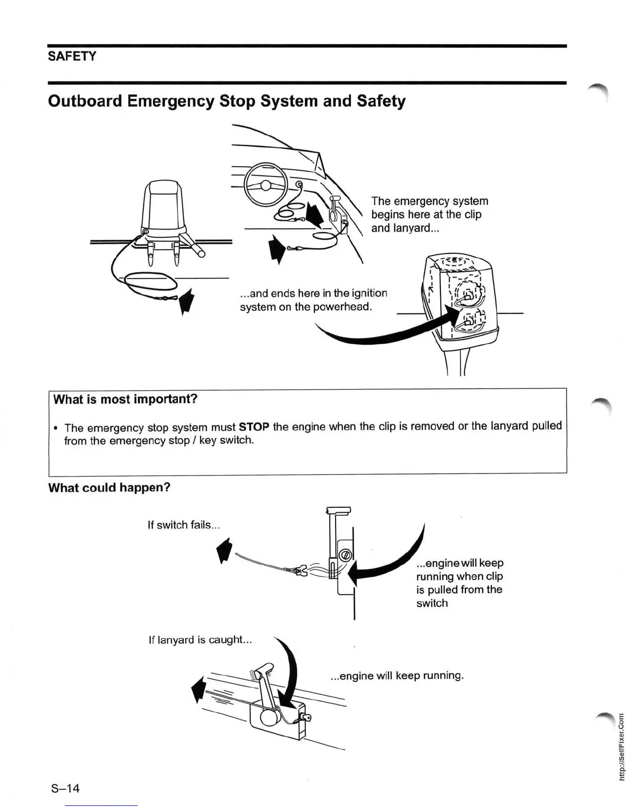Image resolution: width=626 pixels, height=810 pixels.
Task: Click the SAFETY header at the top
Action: click(72, 56)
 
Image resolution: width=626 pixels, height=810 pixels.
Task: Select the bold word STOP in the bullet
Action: click(254, 426)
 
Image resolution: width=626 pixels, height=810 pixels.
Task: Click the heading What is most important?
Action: click(125, 399)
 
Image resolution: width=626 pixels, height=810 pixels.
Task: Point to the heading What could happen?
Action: click(109, 488)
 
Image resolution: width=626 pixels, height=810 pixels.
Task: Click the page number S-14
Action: click(65, 788)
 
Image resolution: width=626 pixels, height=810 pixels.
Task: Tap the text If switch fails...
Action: click(183, 525)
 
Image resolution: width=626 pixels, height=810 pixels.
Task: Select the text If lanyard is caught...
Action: click(199, 640)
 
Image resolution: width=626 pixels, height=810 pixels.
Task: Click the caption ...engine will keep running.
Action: click(397, 676)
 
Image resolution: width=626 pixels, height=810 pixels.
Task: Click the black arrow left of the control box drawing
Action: click(198, 689)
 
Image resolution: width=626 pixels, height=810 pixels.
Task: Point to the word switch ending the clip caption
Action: click(432, 603)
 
